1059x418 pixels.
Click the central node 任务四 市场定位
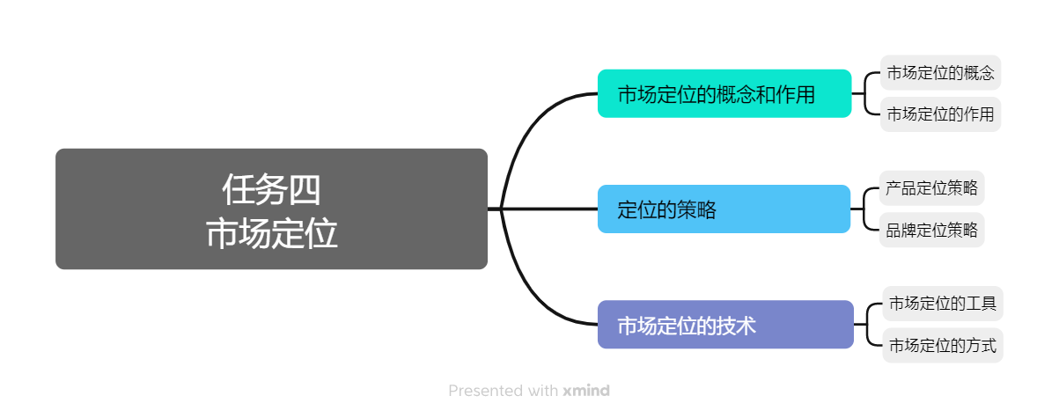[271, 209]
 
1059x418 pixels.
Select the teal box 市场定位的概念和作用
[724, 93]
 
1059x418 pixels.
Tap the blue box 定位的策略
[724, 209]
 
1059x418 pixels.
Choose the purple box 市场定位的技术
[724, 325]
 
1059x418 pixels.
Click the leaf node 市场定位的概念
[940, 73]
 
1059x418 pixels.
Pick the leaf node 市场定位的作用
[940, 114]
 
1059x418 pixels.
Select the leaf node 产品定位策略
[932, 188]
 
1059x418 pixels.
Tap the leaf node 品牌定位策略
[932, 231]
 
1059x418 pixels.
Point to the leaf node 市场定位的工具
[942, 304]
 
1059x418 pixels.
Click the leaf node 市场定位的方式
[942, 345]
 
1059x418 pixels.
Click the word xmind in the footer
[586, 390]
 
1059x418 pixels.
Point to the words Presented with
[503, 390]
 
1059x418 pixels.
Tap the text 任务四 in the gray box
[271, 188]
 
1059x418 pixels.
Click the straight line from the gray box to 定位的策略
[546, 209]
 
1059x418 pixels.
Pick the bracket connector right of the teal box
[866, 93]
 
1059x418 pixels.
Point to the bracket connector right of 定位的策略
[866, 209]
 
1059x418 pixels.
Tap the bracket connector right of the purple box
[869, 325]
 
